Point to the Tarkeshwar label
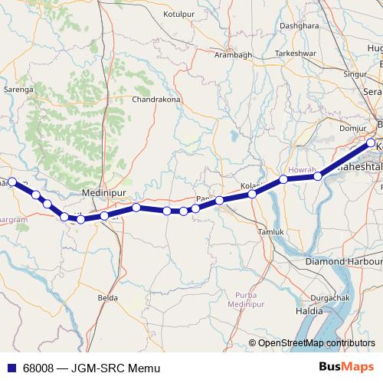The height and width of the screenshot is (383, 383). (296, 53)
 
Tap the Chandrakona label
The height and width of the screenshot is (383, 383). (155, 100)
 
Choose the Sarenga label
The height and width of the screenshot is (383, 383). (19, 90)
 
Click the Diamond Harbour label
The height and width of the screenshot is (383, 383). (339, 261)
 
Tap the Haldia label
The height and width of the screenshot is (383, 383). (309, 312)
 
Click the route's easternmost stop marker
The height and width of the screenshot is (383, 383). (372, 142)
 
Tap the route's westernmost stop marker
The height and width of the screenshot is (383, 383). (11, 182)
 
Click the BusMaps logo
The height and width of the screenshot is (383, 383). (349, 368)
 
